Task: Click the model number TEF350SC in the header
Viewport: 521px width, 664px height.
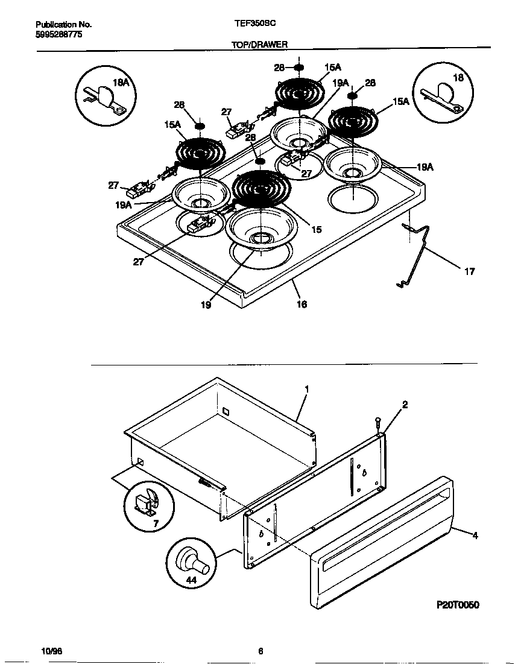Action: coord(255,25)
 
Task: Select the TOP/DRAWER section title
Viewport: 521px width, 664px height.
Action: coord(260,45)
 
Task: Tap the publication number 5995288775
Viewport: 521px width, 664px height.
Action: coord(59,35)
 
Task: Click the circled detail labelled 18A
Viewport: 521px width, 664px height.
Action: coord(103,96)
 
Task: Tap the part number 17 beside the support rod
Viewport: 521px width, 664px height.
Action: coord(469,271)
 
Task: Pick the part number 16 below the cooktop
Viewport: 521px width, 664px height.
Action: coord(302,304)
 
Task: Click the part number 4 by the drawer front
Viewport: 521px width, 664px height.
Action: coord(475,535)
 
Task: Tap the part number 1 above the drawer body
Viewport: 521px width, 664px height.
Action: coord(306,390)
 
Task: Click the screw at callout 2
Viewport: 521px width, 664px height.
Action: coord(378,423)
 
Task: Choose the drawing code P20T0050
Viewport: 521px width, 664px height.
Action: coord(458,605)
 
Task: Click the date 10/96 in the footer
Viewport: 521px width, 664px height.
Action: coord(52,651)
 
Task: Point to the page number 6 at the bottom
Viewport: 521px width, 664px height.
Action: coord(260,651)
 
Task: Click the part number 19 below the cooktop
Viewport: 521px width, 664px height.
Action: coord(206,305)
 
